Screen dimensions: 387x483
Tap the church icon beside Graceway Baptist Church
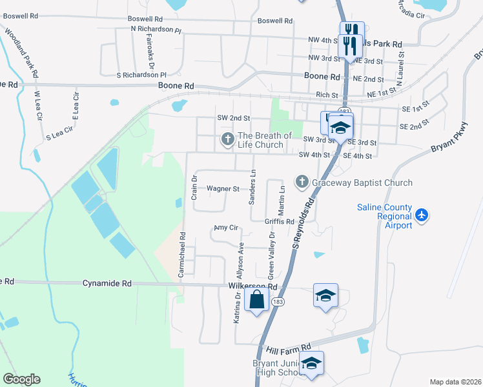tap(302, 183)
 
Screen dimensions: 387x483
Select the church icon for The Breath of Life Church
tap(227, 139)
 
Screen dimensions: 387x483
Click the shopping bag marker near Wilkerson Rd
tap(256, 300)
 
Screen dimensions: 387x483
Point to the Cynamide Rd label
tap(107, 283)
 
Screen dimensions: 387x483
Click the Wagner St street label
tap(223, 189)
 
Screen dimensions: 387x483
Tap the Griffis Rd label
tap(279, 221)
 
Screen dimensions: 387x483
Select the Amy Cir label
tap(226, 228)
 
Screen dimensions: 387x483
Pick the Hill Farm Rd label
tap(293, 347)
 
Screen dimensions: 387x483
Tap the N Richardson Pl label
tap(156, 30)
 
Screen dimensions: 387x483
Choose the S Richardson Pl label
tap(141, 75)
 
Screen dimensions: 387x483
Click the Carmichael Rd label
tap(182, 255)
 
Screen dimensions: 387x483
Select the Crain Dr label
tap(194, 187)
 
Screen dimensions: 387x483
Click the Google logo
tap(21, 379)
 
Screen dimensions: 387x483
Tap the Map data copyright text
tap(455, 382)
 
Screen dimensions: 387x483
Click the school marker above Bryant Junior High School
tap(311, 363)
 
